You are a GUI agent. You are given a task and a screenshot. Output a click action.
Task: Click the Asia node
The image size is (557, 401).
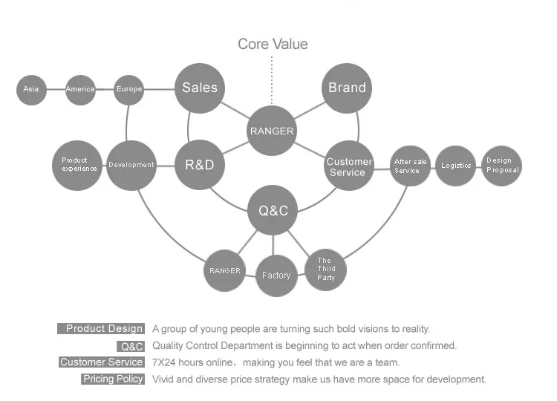tap(31, 90)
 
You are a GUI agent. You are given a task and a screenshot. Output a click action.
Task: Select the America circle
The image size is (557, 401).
tap(80, 90)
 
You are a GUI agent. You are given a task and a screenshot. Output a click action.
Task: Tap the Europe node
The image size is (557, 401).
tap(129, 90)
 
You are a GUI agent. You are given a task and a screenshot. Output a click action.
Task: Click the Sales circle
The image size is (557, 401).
tap(200, 88)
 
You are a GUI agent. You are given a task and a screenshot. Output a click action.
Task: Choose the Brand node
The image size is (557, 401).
tap(347, 88)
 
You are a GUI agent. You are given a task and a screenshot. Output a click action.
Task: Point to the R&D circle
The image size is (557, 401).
tap(199, 164)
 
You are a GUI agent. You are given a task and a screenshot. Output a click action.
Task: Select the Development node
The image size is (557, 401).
tap(131, 165)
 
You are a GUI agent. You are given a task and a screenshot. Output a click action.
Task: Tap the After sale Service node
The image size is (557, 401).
tap(410, 166)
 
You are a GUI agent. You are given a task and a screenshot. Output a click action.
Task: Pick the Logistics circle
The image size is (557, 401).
tap(456, 166)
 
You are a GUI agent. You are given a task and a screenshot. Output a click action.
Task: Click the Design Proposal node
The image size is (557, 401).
tap(502, 166)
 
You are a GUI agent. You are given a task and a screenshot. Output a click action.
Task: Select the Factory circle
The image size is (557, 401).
tap(276, 276)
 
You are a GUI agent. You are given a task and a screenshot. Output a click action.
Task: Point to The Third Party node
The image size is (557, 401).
tap(326, 269)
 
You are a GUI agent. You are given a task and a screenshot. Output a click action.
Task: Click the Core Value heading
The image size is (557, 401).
tap(273, 45)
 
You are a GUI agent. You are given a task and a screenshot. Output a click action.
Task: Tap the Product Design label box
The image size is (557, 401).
tap(100, 329)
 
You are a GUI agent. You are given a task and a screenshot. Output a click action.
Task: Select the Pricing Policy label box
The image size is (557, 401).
tap(113, 379)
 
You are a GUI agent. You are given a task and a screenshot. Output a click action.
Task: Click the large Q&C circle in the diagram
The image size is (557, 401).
tap(273, 211)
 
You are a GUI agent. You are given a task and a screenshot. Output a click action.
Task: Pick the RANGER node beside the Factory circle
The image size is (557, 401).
tap(224, 271)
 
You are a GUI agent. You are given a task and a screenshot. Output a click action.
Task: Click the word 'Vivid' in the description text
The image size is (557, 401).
tap(164, 379)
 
